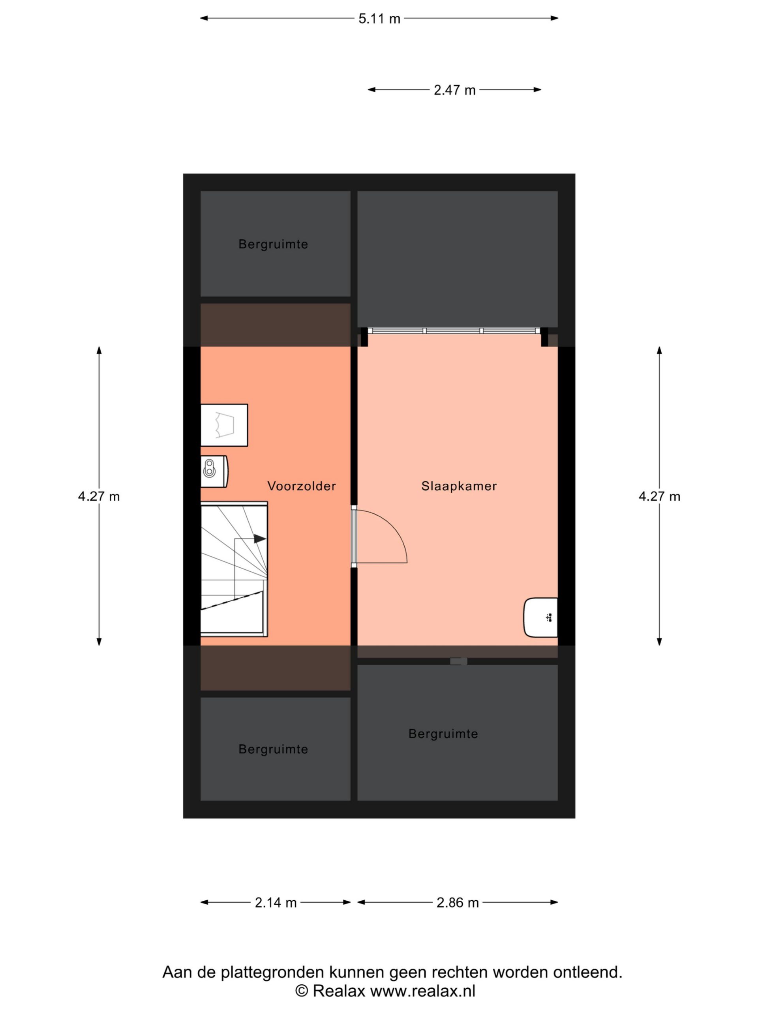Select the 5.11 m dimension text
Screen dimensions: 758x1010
379,19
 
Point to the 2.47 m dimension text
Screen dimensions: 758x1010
455,90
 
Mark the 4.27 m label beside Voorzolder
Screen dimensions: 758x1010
99,496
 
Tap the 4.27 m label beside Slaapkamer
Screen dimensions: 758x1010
659,496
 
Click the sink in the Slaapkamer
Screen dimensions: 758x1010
540,617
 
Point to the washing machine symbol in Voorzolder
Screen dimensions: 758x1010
224,425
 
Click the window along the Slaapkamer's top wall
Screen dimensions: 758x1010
454,331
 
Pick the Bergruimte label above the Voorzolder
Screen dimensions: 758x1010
273,244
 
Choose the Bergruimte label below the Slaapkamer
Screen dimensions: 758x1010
443,734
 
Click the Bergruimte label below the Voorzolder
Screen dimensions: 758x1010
273,749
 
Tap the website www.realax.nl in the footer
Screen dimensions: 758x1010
423,991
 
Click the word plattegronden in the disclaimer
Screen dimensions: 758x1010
272,973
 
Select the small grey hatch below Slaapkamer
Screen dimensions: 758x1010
458,661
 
